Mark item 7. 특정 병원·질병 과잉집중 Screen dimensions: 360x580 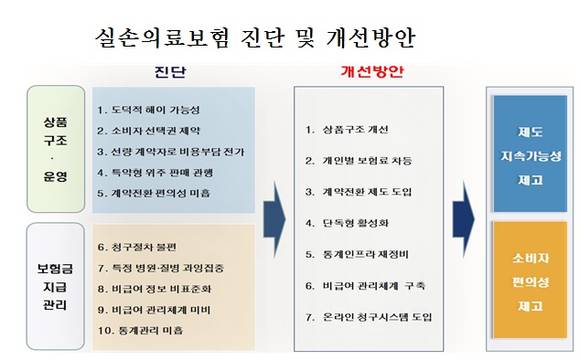(161, 267)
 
